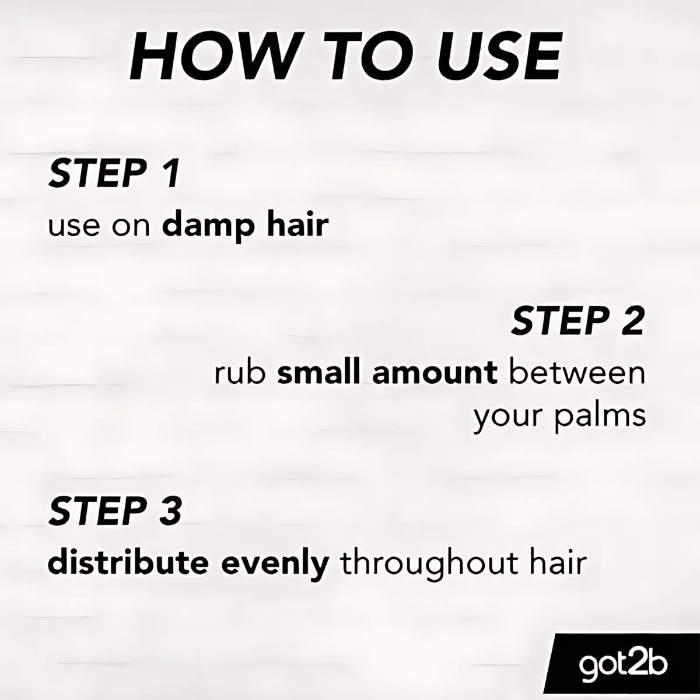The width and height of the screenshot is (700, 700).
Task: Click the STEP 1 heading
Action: (x=114, y=174)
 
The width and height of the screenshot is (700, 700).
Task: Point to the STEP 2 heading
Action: (x=578, y=320)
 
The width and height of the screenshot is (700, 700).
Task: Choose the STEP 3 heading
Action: (x=115, y=511)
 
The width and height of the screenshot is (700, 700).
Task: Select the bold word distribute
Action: (x=128, y=563)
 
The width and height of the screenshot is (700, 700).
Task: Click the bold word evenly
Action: (x=275, y=565)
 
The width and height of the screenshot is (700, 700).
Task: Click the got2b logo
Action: (x=623, y=664)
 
